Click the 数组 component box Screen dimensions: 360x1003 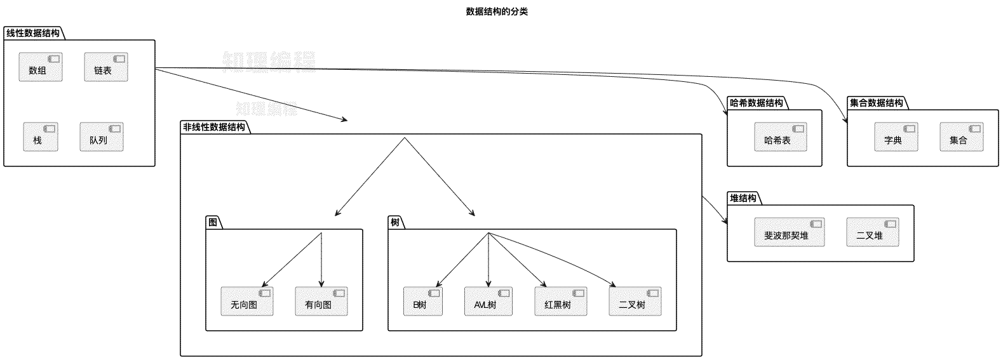41,67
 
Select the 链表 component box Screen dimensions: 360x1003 106,67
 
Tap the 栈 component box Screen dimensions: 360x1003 41,137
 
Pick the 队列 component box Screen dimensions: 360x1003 102,137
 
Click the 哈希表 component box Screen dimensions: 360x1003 781,137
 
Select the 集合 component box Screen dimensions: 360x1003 961,137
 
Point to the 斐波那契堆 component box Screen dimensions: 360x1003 790,232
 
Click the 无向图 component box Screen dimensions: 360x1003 247,301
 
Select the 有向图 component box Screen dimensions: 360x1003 321,301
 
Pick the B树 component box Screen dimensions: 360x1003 423,301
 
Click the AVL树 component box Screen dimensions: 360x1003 488,301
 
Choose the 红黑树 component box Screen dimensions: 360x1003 561,301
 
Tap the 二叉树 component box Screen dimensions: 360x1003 635,301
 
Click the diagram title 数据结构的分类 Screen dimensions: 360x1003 497,11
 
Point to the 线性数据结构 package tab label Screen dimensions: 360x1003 33,33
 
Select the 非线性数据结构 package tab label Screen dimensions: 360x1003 214,127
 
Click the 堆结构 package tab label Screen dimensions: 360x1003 743,198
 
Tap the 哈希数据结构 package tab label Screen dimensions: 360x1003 757,103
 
